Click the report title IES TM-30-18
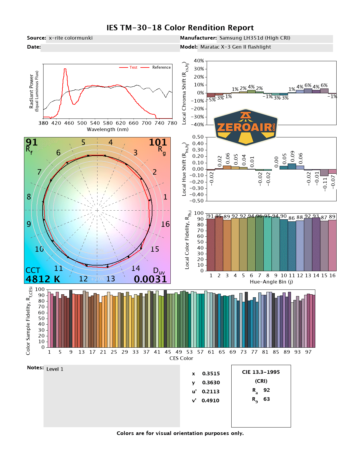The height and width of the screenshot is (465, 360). click(180, 28)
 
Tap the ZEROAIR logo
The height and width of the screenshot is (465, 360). click(246, 127)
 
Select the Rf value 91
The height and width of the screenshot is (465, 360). click(31, 142)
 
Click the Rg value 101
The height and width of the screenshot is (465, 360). click(158, 142)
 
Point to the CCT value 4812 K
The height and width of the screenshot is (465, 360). click(43, 279)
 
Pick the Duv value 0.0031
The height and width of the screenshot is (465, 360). click(150, 279)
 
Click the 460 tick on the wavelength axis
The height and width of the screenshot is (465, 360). click(69, 123)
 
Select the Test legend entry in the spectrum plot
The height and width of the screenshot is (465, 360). click(133, 67)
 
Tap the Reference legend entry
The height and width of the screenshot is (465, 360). click(161, 67)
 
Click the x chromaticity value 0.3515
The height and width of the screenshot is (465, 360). click(211, 373)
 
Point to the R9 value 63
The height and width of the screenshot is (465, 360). click(266, 399)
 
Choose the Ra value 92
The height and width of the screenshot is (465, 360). click(266, 390)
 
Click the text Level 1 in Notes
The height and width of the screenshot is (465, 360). click(55, 369)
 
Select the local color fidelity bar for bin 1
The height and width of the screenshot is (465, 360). click(211, 245)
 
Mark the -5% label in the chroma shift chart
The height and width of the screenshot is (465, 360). click(212, 100)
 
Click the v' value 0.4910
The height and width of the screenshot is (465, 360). click(210, 400)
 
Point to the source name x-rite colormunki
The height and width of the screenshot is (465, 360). click(70, 38)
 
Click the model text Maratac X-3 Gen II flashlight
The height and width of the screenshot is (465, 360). click(235, 47)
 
